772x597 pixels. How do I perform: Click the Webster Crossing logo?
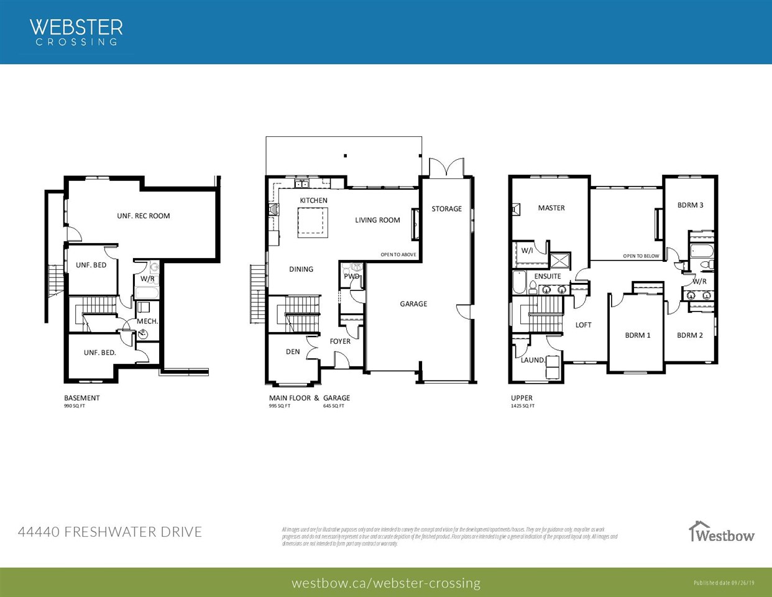pos(76,32)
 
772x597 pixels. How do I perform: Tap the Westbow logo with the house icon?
pos(721,532)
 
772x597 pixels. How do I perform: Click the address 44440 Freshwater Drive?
pos(110,532)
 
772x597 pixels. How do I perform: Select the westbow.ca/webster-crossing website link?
pos(385,583)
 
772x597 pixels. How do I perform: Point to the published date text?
pos(724,583)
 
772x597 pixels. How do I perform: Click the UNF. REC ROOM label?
pos(143,216)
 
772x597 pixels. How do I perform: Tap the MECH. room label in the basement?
pos(147,322)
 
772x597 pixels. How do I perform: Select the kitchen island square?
pos(313,222)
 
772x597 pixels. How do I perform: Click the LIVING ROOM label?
pos(377,220)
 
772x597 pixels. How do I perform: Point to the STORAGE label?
pos(446,209)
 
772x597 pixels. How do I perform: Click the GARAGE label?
pos(413,304)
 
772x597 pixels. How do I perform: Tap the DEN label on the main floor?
pos(293,352)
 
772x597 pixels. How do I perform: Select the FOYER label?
pos(340,341)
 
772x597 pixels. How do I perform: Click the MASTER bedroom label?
pos(551,208)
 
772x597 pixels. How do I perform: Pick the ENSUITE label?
pos(548,277)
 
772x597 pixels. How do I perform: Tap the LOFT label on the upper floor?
pos(583,325)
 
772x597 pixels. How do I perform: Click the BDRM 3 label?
pos(690,205)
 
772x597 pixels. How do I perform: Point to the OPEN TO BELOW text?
pos(641,256)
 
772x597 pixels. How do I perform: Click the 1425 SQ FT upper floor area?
pos(523,406)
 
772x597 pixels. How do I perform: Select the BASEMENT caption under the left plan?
pos(81,398)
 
